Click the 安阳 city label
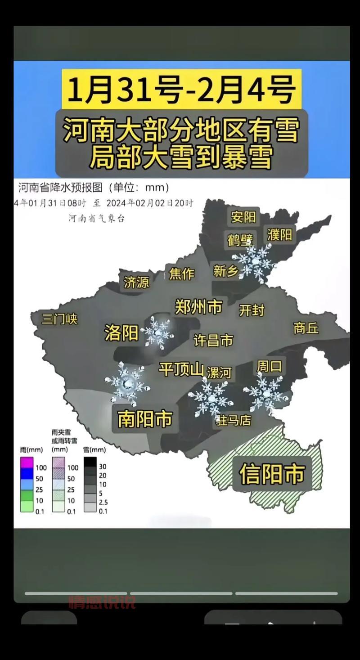(243, 217)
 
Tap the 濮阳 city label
(279, 234)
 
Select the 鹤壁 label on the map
(240, 240)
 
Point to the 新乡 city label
(226, 271)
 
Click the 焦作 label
(181, 273)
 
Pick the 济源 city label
(136, 282)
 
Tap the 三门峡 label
(59, 319)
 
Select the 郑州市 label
(198, 307)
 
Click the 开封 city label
(252, 310)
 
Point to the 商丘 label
(306, 328)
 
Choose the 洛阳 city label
(121, 333)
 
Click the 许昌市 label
(213, 340)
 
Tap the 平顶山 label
(181, 369)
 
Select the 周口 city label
(269, 366)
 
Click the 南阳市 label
(145, 418)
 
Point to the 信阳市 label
(272, 473)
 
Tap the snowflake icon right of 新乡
(254, 263)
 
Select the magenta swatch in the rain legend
(27, 462)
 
